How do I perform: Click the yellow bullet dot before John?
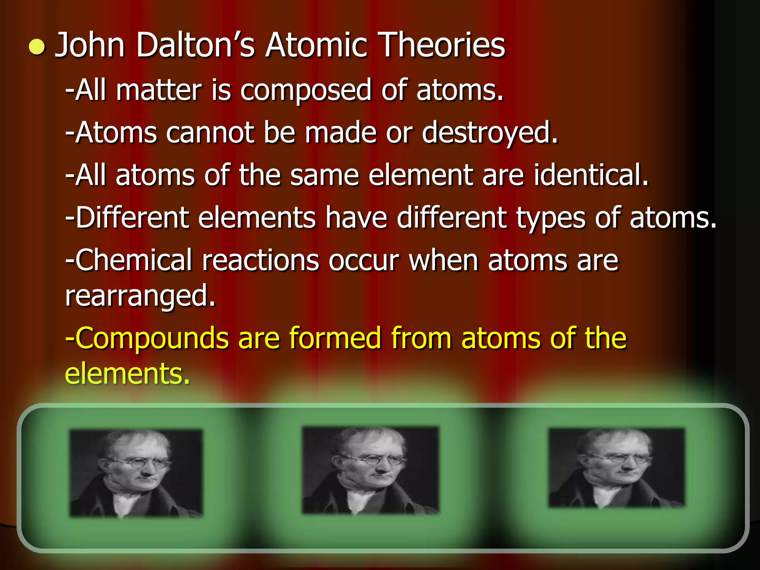point(37,47)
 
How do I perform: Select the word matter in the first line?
point(159,90)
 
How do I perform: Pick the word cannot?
point(210,133)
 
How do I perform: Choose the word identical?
point(591,175)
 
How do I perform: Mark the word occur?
point(364,261)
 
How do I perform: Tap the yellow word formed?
point(335,338)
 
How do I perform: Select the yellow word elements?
point(127,374)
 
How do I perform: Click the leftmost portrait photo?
point(136,473)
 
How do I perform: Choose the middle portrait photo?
point(370,471)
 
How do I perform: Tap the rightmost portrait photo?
point(616,468)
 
